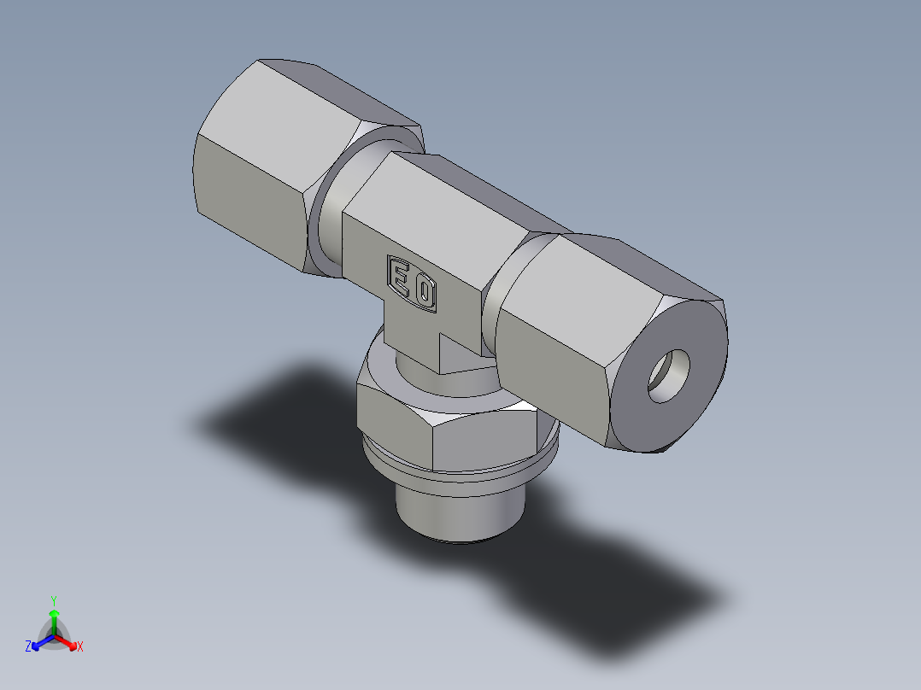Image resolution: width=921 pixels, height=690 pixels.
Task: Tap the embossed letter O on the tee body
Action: (425, 293)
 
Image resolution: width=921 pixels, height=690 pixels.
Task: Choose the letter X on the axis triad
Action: (80, 647)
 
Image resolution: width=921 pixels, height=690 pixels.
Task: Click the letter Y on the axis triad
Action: (53, 600)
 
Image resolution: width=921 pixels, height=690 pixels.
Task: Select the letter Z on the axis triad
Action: (28, 647)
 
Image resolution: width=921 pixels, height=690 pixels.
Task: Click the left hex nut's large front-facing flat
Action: (252, 196)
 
